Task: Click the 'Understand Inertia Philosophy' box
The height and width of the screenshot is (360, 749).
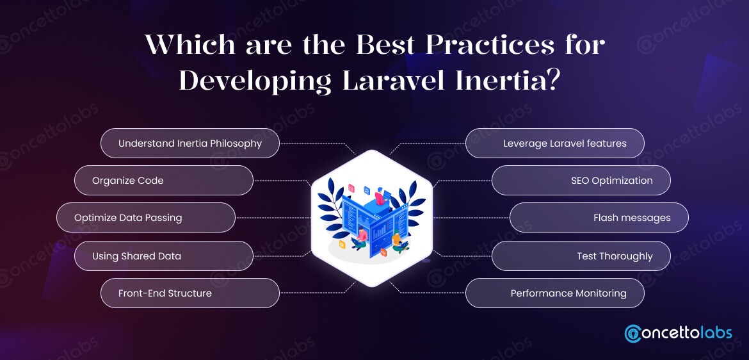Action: click(x=190, y=143)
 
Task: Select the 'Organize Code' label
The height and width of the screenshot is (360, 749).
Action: click(x=164, y=181)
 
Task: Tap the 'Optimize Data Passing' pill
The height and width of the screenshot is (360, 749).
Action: click(x=146, y=218)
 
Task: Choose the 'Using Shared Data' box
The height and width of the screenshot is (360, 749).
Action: click(x=164, y=256)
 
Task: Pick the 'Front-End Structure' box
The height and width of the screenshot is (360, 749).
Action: click(x=190, y=293)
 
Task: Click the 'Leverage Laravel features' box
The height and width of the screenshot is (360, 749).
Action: click(x=554, y=143)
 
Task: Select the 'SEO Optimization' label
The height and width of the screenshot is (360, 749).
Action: click(x=581, y=181)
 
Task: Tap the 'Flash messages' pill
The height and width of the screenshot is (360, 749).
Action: click(x=599, y=218)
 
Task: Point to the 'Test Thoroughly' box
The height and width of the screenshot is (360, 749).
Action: click(x=581, y=256)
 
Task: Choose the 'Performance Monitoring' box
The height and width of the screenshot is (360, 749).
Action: click(x=554, y=293)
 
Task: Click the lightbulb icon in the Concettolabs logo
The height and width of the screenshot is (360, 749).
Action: click(x=634, y=334)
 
